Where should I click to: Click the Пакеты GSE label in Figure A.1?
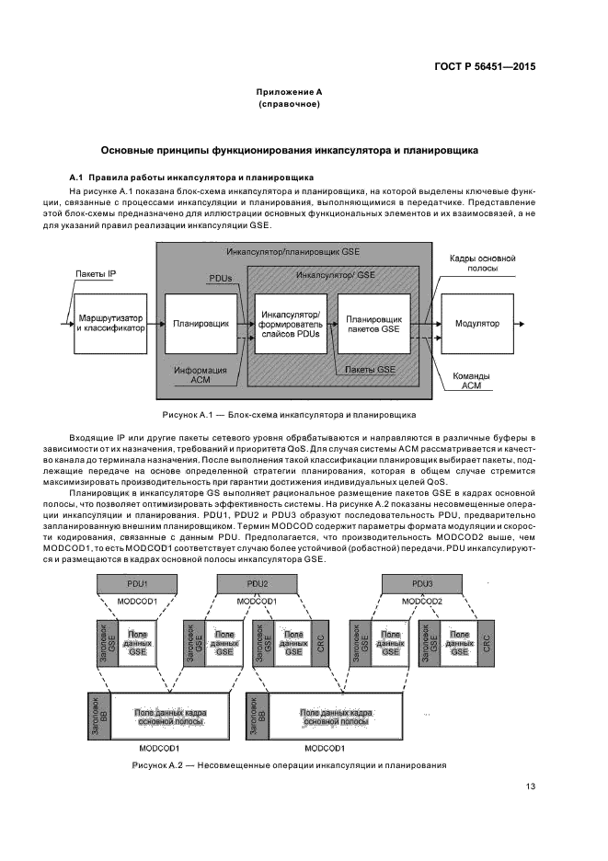tap(370, 369)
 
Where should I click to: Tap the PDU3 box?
tap(422, 583)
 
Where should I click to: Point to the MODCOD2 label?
tap(422, 601)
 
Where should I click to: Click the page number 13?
tap(530, 786)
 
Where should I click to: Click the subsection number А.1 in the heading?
tap(77, 177)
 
